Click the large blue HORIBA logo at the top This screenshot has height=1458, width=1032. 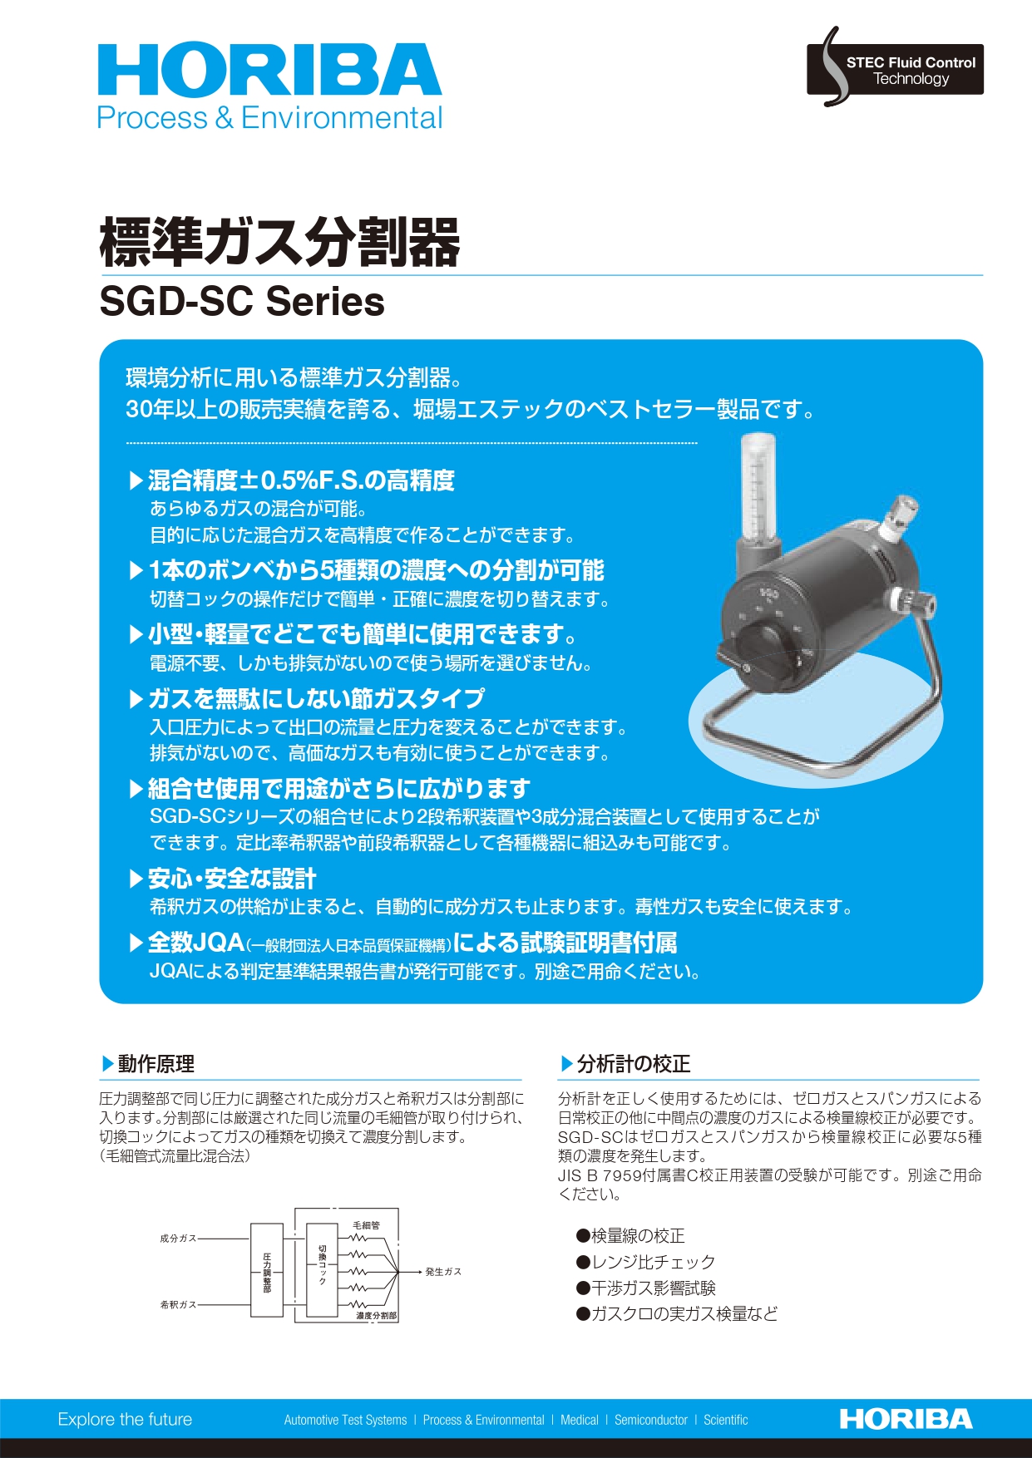point(269,71)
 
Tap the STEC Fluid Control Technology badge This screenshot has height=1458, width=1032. point(895,70)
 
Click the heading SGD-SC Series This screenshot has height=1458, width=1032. point(242,301)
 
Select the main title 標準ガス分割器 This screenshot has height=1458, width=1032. point(279,242)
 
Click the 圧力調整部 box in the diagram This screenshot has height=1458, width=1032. point(267,1270)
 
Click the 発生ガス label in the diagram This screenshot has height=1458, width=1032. point(442,1272)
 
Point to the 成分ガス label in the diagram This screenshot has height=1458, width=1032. point(178,1239)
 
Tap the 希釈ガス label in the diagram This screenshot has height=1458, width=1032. point(178,1305)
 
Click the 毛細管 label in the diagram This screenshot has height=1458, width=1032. point(366,1225)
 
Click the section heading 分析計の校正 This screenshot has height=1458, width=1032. point(633,1064)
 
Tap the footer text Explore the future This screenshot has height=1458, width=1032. point(125,1420)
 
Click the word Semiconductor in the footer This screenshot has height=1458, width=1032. point(650,1421)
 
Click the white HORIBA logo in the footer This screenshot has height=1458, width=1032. point(906,1419)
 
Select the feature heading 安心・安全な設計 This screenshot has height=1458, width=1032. point(232,879)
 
